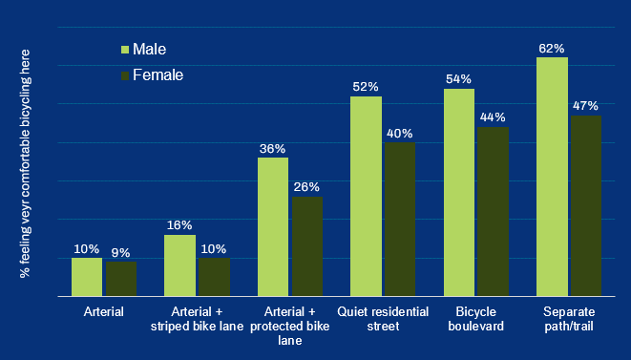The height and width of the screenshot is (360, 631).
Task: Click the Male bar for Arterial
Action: [87, 277]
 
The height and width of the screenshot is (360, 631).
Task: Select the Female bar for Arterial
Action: [121, 279]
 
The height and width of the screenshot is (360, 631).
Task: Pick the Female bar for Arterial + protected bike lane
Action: [307, 246]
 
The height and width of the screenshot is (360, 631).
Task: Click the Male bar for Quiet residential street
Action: [366, 197]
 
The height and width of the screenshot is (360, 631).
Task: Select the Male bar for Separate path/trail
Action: [552, 178]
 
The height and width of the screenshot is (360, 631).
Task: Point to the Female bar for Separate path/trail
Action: [585, 206]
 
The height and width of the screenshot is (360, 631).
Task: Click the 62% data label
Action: [552, 48]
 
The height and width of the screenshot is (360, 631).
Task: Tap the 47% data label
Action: [585, 105]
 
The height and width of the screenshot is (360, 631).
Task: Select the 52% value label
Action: [366, 87]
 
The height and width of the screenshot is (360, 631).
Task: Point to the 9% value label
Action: [121, 252]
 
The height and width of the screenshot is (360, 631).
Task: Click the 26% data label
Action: [307, 187]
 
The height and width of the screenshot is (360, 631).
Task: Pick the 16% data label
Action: [179, 225]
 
